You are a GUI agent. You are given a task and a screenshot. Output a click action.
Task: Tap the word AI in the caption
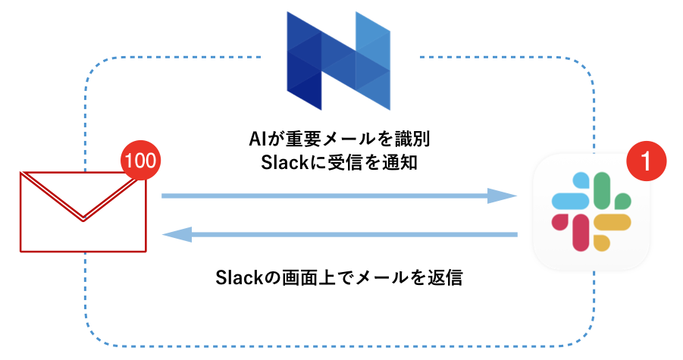[258, 139]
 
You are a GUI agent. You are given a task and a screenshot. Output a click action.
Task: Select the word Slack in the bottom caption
[238, 277]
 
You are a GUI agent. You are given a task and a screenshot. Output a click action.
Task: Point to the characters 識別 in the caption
[419, 139]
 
